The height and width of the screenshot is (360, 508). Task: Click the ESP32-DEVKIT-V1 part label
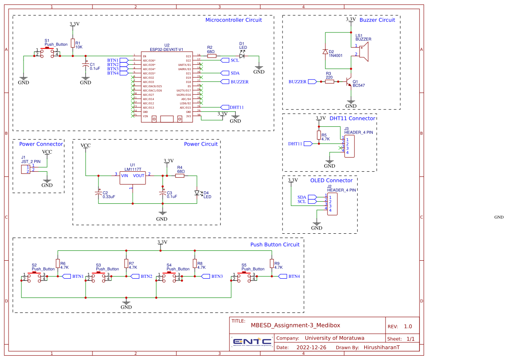click(x=166, y=49)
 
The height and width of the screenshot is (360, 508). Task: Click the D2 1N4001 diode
click(x=325, y=52)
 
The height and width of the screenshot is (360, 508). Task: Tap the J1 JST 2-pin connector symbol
click(x=26, y=169)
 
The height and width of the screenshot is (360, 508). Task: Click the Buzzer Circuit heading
click(x=377, y=20)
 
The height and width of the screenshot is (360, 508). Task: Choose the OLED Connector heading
click(x=331, y=180)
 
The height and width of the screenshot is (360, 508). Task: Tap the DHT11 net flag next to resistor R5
click(x=308, y=144)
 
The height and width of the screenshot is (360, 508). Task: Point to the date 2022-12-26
click(x=311, y=348)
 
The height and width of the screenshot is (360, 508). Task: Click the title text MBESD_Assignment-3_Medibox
click(x=296, y=325)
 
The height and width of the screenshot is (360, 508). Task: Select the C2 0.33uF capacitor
click(x=98, y=193)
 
